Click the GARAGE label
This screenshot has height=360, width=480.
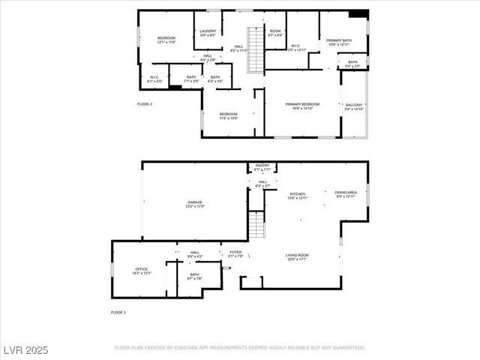[x=195, y=203]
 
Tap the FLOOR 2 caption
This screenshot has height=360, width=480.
[x=145, y=103]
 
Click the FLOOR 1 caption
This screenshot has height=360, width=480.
[x=118, y=312]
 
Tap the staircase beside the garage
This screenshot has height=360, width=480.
[x=256, y=224]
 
